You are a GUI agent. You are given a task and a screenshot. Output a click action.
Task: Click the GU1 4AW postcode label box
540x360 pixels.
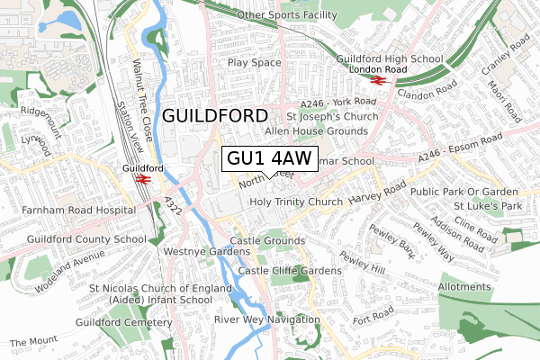pyautogui.click(x=269, y=158)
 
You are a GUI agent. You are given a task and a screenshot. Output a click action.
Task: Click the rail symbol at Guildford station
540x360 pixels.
pyautogui.click(x=142, y=178)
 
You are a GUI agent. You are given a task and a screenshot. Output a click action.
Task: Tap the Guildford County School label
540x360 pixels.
pyautogui.click(x=74, y=239)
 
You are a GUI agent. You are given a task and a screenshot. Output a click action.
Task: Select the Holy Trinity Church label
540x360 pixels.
pyautogui.click(x=296, y=202)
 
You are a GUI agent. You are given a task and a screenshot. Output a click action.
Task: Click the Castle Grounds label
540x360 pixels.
pyautogui.click(x=267, y=241)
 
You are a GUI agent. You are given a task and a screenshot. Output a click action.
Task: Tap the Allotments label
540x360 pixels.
pyautogui.click(x=463, y=287)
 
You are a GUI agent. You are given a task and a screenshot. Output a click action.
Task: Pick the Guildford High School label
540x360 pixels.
pyautogui.click(x=390, y=59)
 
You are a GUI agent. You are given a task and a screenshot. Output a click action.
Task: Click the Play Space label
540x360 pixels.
pyautogui.click(x=255, y=63)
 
